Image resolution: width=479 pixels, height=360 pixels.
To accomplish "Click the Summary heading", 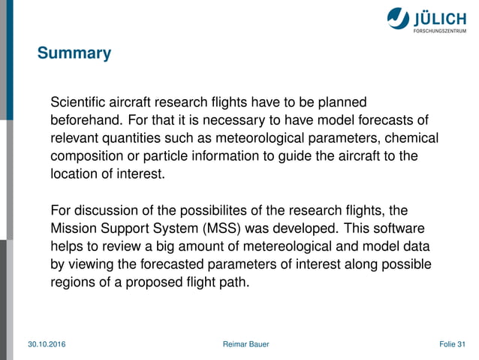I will (x=74, y=53).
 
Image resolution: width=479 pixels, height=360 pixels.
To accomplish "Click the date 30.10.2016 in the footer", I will (x=47, y=344).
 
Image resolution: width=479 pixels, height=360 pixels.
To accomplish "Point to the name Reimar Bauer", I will (x=246, y=344).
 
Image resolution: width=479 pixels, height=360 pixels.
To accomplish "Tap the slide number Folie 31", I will (x=452, y=344).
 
